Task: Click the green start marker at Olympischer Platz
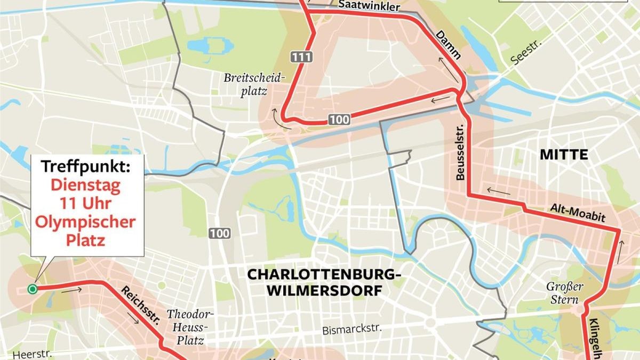point(33,289)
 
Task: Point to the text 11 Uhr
point(85,203)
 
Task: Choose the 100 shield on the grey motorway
point(219,233)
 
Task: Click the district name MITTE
point(564,155)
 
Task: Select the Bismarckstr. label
point(352,330)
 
